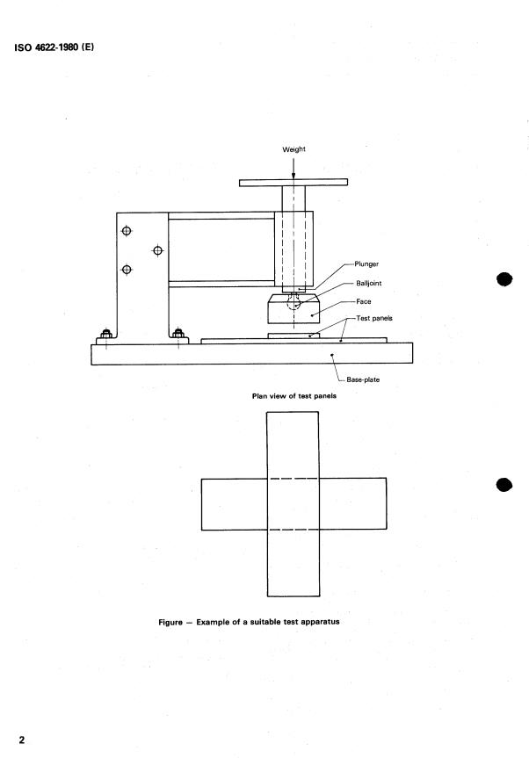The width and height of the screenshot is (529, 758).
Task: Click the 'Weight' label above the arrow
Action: (294, 149)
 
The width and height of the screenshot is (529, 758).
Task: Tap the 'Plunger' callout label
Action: (366, 264)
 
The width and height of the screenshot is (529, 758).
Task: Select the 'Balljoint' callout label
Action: (369, 284)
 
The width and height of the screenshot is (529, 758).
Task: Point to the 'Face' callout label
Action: (364, 301)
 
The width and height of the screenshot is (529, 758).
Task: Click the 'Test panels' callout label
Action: (374, 318)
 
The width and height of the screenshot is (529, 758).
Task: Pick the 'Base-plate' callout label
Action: (363, 379)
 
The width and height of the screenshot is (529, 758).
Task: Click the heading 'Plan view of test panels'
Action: (294, 396)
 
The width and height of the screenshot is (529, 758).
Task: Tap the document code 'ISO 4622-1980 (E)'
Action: (54, 47)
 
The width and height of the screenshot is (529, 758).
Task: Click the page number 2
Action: (21, 740)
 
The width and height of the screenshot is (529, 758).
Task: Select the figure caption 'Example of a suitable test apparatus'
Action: (268, 622)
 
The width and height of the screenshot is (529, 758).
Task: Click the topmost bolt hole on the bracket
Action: (127, 231)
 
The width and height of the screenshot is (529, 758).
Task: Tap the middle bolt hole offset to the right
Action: (157, 250)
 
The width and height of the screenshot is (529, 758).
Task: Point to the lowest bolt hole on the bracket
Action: (127, 270)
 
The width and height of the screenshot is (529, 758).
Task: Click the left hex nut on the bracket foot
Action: (106, 334)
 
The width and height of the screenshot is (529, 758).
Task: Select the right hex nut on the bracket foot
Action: (178, 334)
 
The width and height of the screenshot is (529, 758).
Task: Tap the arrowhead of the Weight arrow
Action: (293, 175)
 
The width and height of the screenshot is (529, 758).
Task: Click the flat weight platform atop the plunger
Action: (293, 183)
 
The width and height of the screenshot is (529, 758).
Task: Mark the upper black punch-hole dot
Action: (504, 279)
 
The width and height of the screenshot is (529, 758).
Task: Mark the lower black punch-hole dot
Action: (504, 485)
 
